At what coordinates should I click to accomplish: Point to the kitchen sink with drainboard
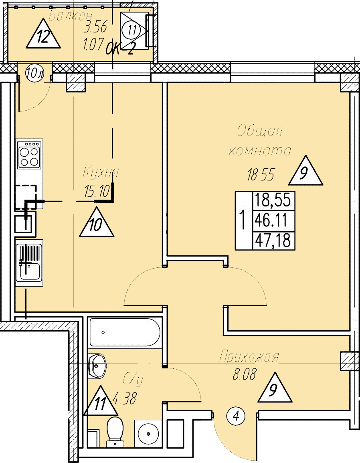click(29, 262)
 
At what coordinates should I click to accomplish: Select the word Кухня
click(101, 173)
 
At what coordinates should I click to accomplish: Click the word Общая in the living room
click(260, 131)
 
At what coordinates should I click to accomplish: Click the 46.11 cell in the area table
click(273, 220)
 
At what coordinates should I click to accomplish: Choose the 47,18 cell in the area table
click(273, 241)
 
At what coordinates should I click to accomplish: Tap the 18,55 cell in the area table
click(273, 200)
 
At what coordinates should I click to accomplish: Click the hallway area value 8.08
click(244, 376)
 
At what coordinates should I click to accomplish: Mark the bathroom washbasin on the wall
click(97, 365)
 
